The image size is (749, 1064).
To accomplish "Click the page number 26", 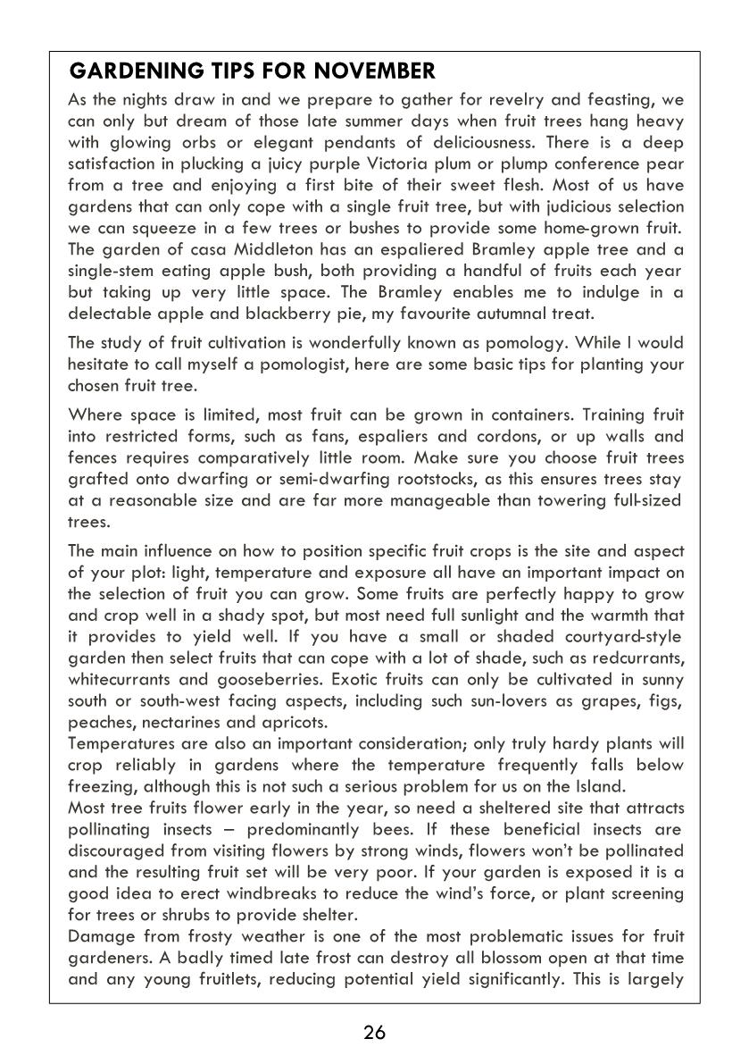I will pyautogui.click(x=374, y=1033).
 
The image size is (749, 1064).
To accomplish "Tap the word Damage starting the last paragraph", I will pyautogui.click(x=99, y=936).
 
